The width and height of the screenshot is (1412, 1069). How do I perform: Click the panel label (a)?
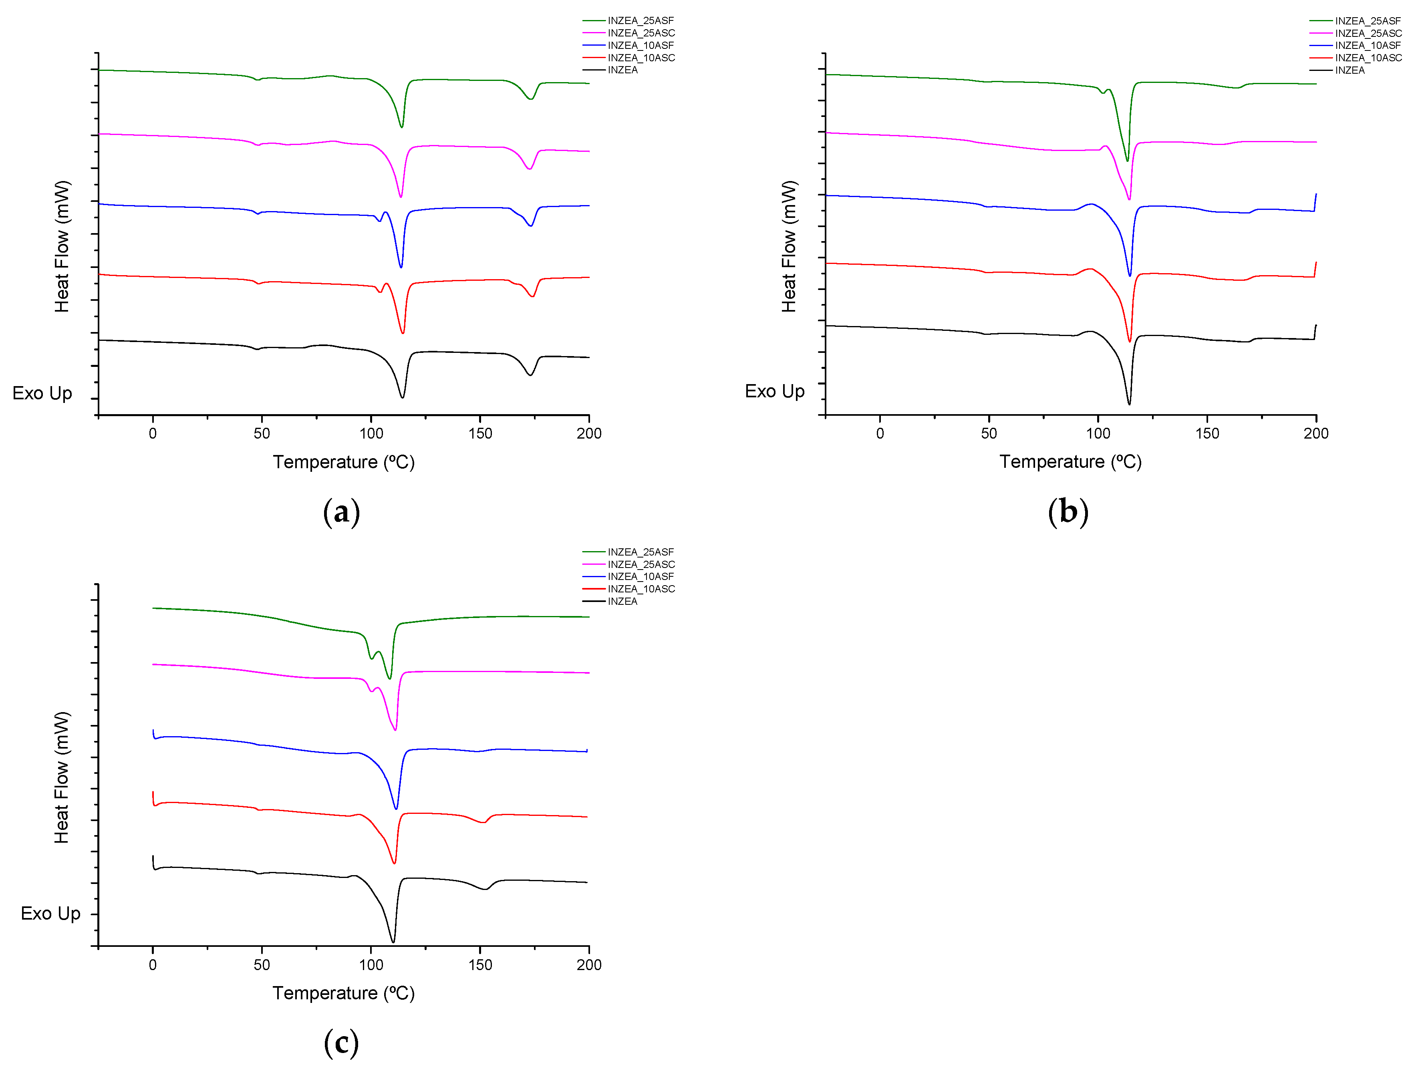[342, 512]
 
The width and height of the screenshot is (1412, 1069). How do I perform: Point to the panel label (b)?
[1068, 512]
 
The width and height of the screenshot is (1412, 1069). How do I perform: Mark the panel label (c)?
[342, 1043]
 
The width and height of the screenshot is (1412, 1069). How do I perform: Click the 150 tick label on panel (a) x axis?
[480, 433]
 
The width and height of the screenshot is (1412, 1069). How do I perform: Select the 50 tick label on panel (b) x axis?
[989, 433]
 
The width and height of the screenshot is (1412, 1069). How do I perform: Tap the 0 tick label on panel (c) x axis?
[153, 965]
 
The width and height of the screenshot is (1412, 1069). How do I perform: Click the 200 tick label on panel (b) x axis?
[1315, 433]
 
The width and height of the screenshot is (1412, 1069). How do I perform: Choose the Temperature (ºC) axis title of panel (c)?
[343, 993]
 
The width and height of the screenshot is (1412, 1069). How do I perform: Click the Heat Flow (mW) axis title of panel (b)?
[789, 246]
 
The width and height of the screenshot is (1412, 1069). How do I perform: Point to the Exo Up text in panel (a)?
[42, 393]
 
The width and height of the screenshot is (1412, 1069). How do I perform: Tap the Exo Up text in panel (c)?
[50, 913]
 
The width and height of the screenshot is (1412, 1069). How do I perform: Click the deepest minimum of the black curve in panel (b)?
[1129, 403]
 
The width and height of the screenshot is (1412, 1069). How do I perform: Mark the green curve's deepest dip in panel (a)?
[401, 126]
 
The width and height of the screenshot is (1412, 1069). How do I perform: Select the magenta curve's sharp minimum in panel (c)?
[396, 729]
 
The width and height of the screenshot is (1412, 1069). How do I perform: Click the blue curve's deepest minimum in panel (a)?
[401, 267]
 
